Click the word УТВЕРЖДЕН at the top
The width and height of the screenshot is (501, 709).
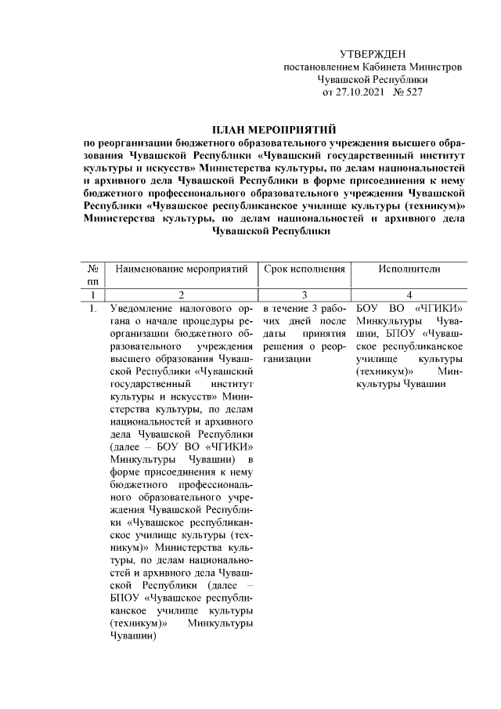pos(373,54)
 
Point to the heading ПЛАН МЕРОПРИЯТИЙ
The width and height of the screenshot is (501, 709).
pos(273,128)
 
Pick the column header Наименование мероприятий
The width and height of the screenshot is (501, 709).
pos(181,269)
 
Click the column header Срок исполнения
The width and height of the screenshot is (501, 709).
pos(305,269)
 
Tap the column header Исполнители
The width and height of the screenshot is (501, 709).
pos(409,269)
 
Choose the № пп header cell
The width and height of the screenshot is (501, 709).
pos(93,275)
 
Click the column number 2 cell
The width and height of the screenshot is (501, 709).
pos(181,295)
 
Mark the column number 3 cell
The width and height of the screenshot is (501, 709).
pos(305,295)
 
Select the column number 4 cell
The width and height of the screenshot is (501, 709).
pos(409,295)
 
